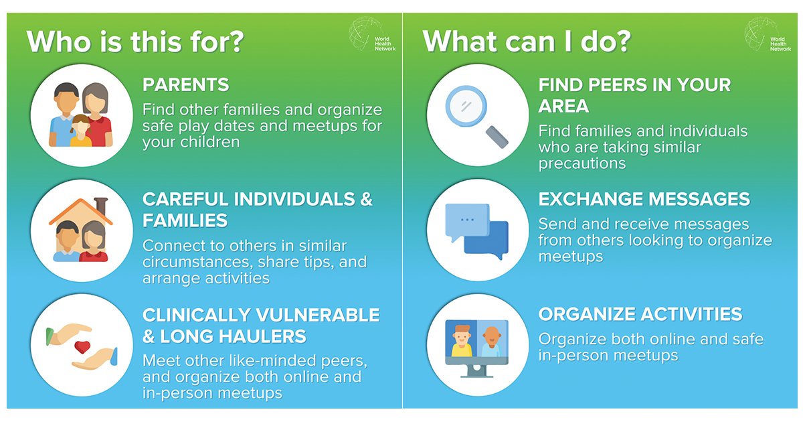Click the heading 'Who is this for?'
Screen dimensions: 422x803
click(x=135, y=42)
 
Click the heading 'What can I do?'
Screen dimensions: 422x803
click(x=527, y=42)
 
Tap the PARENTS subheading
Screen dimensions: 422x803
click(x=186, y=85)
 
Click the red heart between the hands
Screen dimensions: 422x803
click(x=82, y=347)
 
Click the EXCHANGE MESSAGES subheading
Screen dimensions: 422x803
click(x=644, y=200)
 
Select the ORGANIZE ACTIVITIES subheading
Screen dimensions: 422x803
click(x=640, y=314)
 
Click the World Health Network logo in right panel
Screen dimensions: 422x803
click(x=769, y=36)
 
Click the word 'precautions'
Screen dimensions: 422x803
click(x=582, y=163)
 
